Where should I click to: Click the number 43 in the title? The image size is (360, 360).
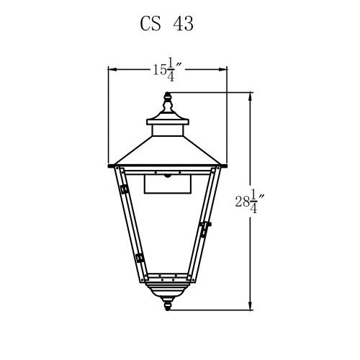point(183,24)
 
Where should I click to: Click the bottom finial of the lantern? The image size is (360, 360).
point(168,306)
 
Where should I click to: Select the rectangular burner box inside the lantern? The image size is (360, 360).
point(168,185)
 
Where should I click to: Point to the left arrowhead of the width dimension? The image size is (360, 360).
point(110,69)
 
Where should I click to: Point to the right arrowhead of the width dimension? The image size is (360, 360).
point(225,69)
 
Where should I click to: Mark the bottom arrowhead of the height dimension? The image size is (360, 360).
point(250,307)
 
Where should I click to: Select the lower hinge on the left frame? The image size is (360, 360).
point(137,257)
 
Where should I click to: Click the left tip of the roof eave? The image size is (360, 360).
point(109,166)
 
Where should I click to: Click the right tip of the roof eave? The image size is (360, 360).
point(227,166)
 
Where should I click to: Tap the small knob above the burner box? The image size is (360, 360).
point(168,174)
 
